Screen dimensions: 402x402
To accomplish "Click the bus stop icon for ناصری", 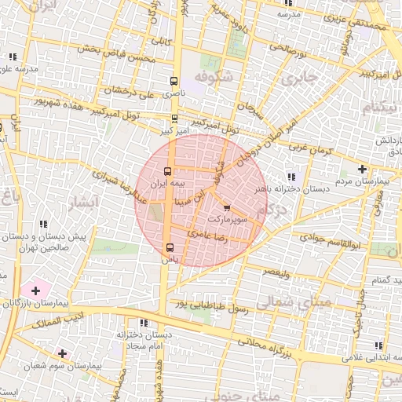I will [174, 80].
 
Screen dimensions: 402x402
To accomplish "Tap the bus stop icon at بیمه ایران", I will [167, 170].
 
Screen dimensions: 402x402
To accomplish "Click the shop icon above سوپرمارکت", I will [227, 209].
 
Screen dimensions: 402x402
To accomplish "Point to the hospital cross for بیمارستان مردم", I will [361, 169].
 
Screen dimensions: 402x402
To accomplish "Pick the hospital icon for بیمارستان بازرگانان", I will [35, 291].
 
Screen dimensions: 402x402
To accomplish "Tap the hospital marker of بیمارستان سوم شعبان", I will [62, 354].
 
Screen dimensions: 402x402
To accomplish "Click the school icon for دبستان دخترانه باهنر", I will [291, 177].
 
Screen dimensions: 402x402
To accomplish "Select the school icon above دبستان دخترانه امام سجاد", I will [142, 323].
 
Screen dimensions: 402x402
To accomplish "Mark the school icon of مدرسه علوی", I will [13, 57].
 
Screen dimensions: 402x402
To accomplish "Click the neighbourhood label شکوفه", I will [215, 77].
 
